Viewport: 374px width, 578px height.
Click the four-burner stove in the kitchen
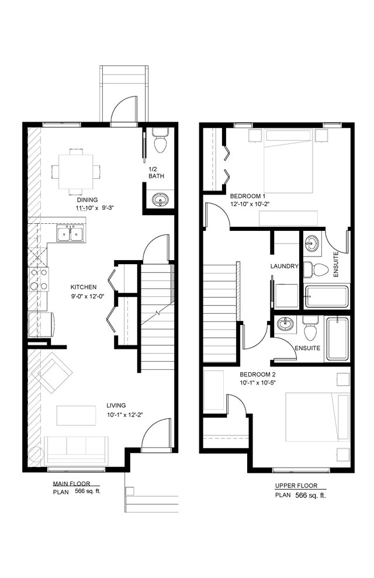tap(39, 279)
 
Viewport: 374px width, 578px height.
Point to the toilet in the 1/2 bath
tap(159, 142)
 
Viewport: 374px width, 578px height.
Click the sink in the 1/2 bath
tap(160, 200)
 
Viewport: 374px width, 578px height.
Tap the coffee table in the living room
tap(75, 415)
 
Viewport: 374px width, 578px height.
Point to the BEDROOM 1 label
tap(248, 196)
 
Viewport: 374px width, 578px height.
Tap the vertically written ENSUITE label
tap(335, 264)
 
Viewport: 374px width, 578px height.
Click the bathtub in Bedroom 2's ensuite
tap(337, 340)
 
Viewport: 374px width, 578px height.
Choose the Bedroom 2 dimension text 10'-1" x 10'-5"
tap(261, 382)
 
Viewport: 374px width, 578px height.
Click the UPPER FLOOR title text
tap(296, 486)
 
